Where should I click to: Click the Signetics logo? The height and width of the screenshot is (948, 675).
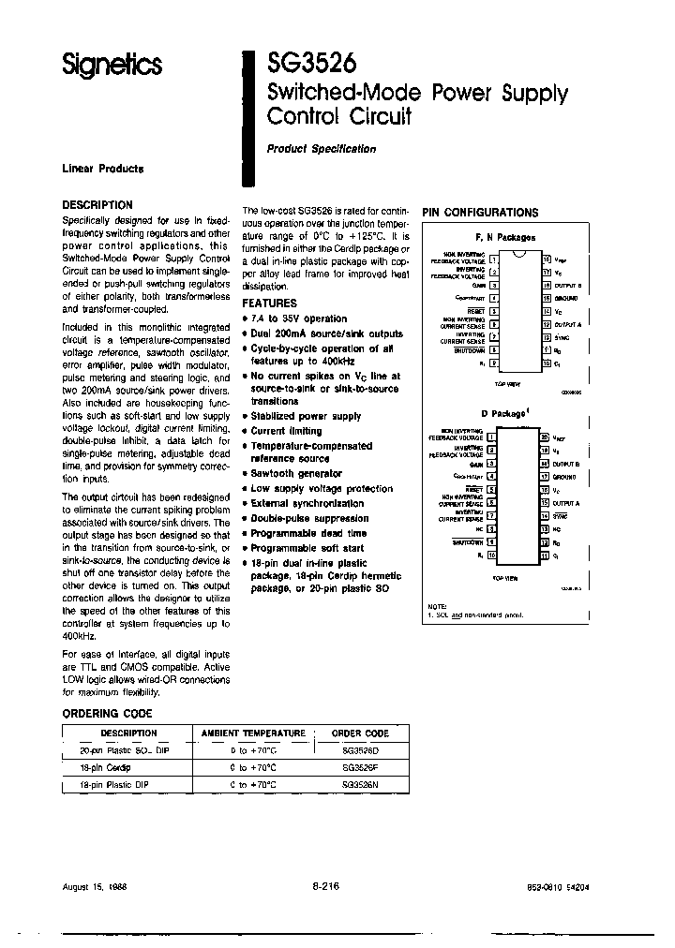(x=112, y=65)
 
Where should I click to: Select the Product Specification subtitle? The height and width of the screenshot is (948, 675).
(x=321, y=149)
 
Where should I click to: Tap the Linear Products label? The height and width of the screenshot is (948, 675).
(x=103, y=169)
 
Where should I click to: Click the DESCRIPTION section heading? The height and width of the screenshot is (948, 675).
(x=97, y=204)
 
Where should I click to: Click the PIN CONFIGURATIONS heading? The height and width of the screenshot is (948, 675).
(x=480, y=213)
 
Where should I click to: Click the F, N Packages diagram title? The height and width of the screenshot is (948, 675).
(x=504, y=239)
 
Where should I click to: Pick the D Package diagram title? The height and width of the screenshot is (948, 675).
(x=505, y=413)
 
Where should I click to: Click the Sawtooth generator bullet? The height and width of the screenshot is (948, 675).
(x=296, y=474)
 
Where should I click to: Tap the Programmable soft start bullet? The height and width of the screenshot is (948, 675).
(x=307, y=547)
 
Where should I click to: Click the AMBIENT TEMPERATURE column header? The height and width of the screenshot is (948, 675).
(x=254, y=733)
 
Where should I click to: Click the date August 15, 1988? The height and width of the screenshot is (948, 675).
(x=95, y=885)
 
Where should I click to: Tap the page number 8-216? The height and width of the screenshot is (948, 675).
(x=324, y=885)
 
